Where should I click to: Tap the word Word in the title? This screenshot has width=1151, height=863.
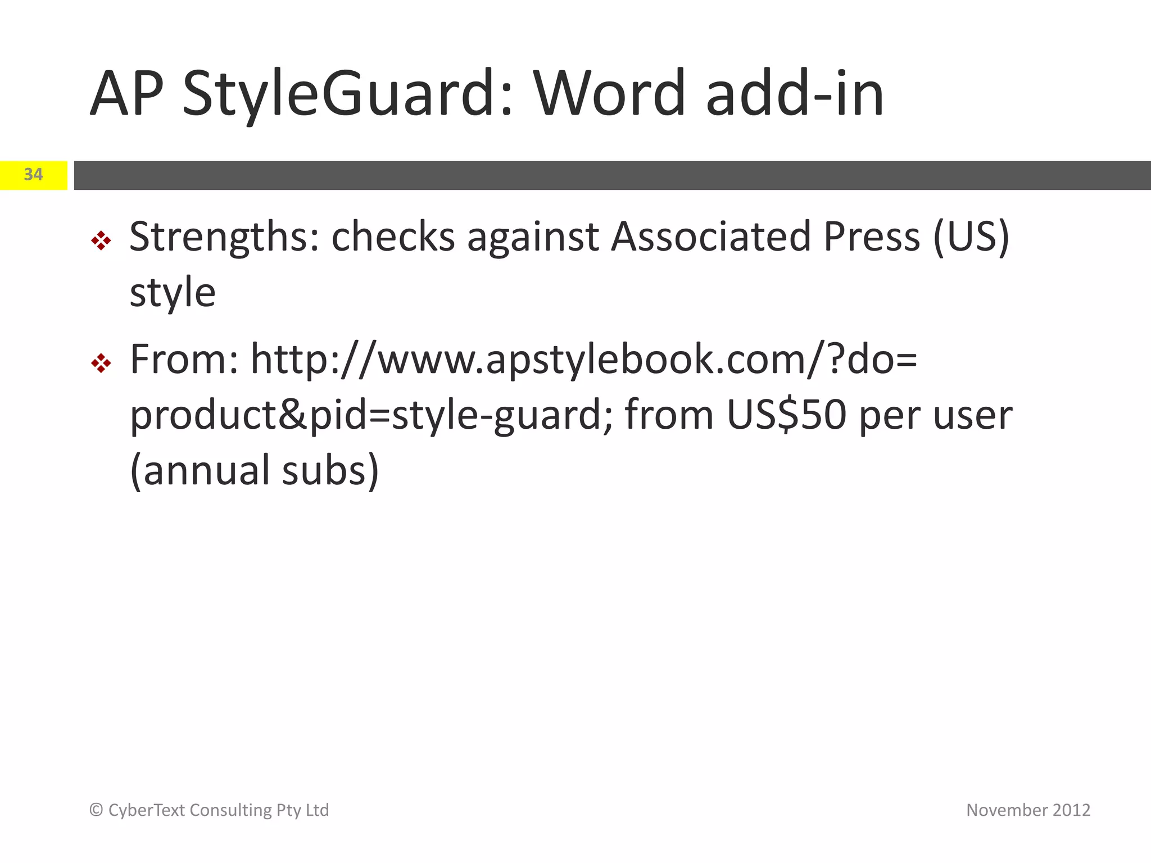click(x=609, y=93)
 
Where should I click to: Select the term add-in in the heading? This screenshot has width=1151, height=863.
click(x=795, y=93)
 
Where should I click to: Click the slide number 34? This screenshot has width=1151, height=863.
click(x=33, y=175)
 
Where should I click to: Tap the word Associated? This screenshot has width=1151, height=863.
click(x=711, y=237)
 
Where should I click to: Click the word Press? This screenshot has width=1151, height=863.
click(x=872, y=237)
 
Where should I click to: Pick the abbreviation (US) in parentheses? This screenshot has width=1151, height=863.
click(x=971, y=237)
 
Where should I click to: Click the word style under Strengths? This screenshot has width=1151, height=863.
click(x=173, y=293)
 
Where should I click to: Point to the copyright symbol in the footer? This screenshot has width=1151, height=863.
click(x=96, y=810)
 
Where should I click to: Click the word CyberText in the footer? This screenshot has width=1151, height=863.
click(x=146, y=810)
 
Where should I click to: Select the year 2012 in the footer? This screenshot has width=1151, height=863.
click(x=1071, y=810)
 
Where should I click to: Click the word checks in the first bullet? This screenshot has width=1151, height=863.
click(x=393, y=237)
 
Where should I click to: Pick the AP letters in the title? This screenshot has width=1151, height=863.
click(x=127, y=93)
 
